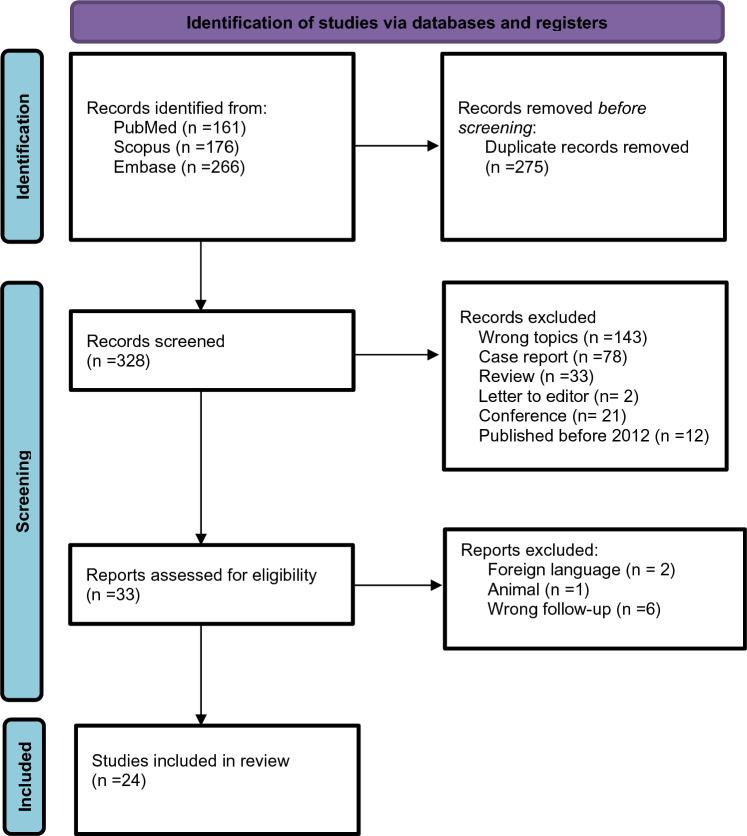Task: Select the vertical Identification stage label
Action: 20,147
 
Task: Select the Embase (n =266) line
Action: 166,166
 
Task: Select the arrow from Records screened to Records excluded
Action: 396,354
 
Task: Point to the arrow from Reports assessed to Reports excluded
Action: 396,585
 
